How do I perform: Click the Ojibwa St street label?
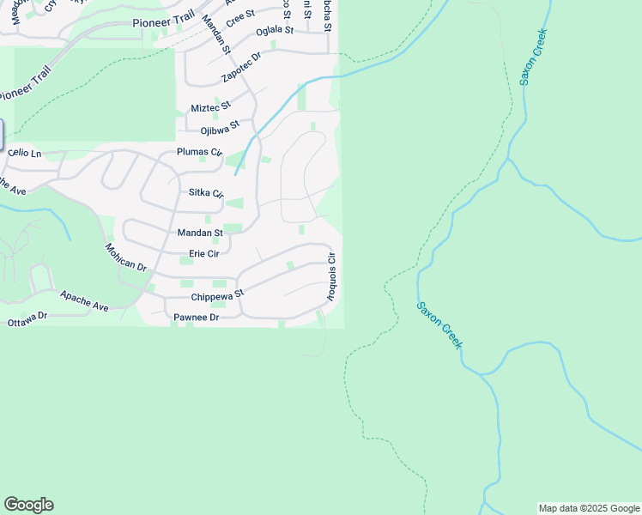220,130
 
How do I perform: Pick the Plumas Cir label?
199,152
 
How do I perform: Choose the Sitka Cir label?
206,194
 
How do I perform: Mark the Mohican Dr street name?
126,257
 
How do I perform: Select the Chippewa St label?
218,294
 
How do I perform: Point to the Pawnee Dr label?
197,318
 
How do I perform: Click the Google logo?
28,505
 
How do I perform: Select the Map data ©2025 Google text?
590,508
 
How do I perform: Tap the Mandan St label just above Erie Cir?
200,233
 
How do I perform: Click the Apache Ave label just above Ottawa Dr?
84,300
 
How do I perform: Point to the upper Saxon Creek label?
533,57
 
